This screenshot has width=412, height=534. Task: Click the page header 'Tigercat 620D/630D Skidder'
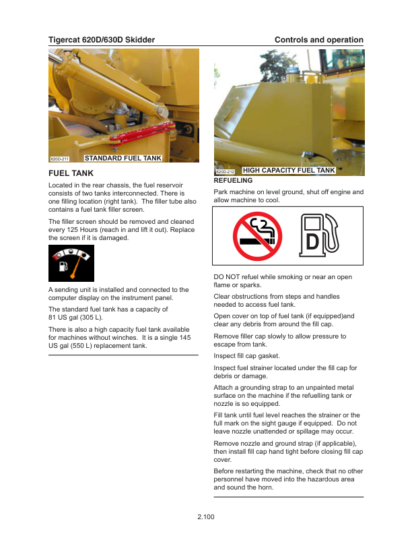tap(102, 40)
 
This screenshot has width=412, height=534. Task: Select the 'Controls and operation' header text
tap(318, 40)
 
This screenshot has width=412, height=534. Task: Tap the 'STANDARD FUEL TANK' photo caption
tap(123, 158)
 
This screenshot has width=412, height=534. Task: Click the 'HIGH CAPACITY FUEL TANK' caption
tap(288, 171)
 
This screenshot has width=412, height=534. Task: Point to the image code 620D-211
tap(60, 159)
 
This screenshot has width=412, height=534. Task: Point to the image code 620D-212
tap(225, 172)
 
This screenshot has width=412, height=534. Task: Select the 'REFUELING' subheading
tap(233, 181)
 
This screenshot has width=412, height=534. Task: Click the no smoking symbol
tap(253, 236)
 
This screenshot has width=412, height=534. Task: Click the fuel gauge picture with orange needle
tap(71, 263)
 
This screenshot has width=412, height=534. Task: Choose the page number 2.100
tap(206, 516)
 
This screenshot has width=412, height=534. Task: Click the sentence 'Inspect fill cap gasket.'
tap(246, 355)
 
